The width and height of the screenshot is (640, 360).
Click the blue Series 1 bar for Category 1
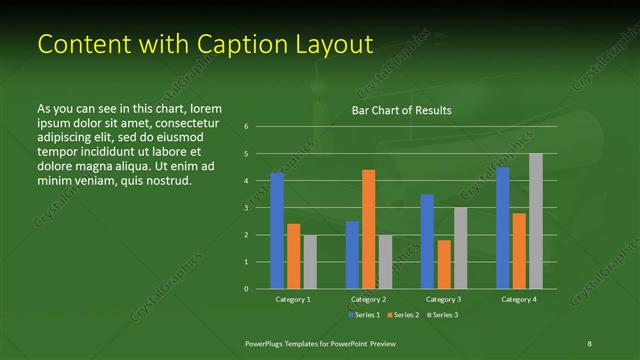[x=277, y=230]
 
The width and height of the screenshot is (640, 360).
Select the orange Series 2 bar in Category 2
[x=368, y=229]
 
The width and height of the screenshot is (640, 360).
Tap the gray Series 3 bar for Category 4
[x=535, y=221]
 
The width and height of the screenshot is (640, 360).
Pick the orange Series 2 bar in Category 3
[x=443, y=264]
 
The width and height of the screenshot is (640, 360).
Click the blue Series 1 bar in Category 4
[x=502, y=228]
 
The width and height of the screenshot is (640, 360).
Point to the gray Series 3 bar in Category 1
[x=310, y=262]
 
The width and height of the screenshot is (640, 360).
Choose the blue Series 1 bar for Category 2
[x=352, y=255]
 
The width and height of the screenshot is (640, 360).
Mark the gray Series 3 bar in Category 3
[x=460, y=248]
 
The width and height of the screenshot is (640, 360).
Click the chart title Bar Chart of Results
[x=401, y=110]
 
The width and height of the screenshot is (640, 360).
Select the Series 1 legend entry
[x=364, y=315]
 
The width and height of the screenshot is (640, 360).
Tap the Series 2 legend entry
[x=402, y=315]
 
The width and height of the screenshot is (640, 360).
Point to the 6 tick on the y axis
[x=246, y=127]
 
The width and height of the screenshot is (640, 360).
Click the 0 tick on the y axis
[x=246, y=289]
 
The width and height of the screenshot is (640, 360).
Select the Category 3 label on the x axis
[x=443, y=299]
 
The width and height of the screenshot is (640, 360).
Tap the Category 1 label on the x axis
[x=293, y=299]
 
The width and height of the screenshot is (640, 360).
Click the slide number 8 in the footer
[x=589, y=343]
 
